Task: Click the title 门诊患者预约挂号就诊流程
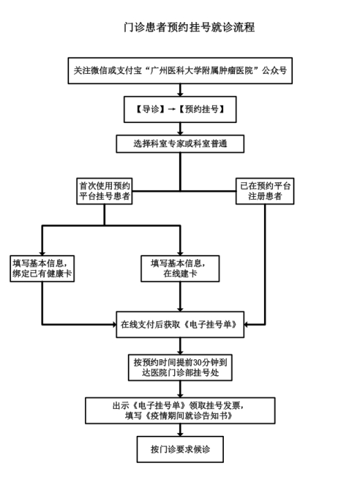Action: (x=189, y=27)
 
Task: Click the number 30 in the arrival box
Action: (x=198, y=362)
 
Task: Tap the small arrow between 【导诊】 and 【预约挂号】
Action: (x=171, y=109)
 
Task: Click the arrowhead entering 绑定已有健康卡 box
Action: (x=42, y=254)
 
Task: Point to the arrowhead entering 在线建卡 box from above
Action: (x=180, y=254)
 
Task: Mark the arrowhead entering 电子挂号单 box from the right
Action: (x=247, y=325)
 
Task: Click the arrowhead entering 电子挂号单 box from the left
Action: (x=114, y=325)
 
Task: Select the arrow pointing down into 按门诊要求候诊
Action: (x=180, y=430)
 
